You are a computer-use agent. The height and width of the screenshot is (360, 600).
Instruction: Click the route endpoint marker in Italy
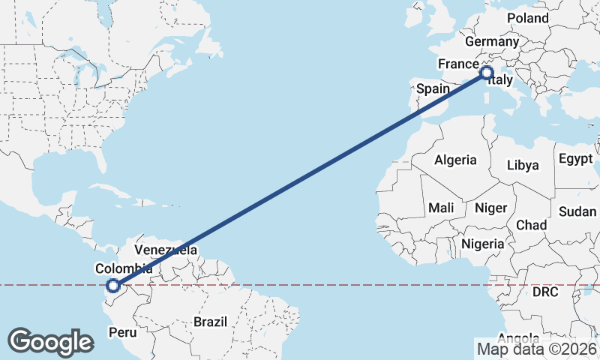click(486, 73)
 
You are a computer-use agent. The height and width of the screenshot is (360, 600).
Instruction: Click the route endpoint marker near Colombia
click(113, 285)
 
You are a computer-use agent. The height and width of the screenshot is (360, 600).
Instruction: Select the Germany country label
click(491, 42)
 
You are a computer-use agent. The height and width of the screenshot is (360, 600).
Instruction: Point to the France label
click(458, 64)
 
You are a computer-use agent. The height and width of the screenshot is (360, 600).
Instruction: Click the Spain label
click(433, 88)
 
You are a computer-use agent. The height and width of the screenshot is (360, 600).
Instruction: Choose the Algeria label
click(455, 160)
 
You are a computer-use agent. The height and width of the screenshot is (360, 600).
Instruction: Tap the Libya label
click(523, 165)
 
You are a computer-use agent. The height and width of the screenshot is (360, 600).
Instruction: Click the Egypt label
click(575, 159)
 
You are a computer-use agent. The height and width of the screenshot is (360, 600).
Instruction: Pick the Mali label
click(441, 207)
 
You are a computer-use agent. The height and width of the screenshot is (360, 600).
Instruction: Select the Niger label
click(491, 208)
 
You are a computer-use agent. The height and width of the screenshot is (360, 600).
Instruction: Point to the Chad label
click(531, 225)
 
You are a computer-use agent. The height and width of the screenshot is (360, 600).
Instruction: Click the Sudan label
click(577, 211)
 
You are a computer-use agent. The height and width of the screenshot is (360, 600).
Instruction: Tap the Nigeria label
click(481, 244)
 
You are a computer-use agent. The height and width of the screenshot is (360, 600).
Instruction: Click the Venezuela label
click(166, 250)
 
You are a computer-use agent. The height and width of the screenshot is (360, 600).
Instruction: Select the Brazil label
click(210, 322)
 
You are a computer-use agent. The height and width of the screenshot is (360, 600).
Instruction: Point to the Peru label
click(123, 331)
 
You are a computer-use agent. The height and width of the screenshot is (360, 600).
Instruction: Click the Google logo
click(50, 342)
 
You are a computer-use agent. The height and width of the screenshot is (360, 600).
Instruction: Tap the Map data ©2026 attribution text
click(536, 348)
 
